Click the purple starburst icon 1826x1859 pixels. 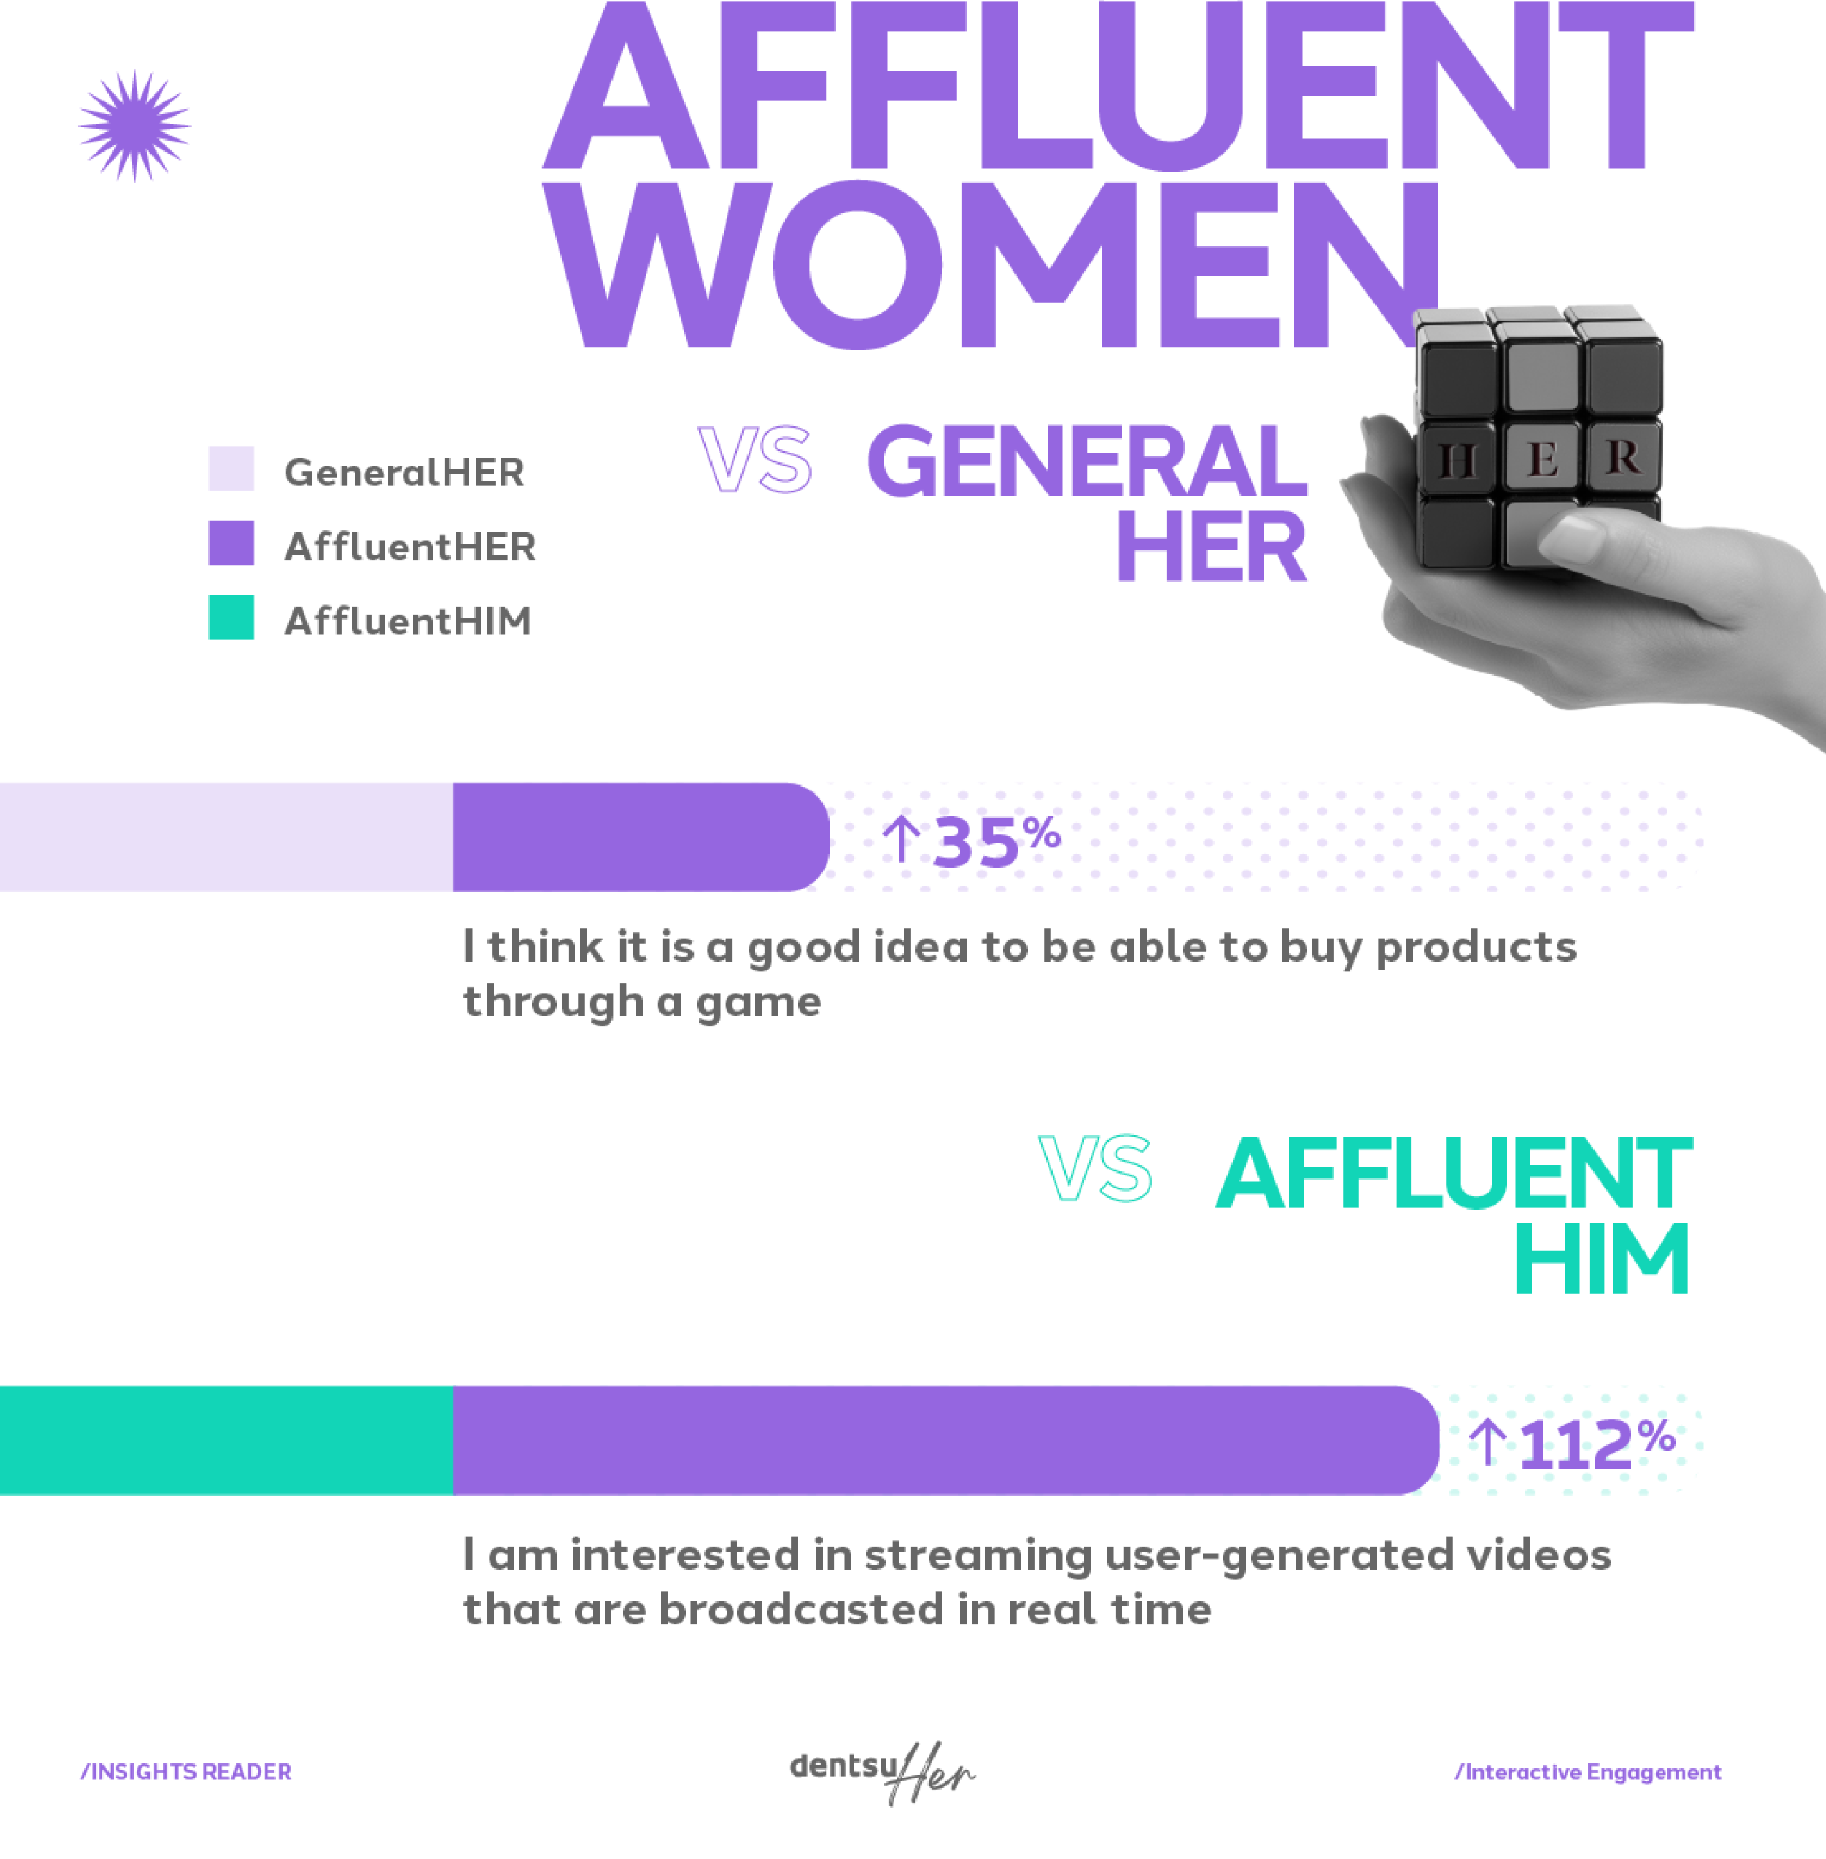point(134,125)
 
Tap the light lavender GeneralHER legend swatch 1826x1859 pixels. point(231,468)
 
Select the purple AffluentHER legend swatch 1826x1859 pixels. point(231,543)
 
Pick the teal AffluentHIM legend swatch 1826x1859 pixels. point(231,618)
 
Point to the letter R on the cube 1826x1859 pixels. point(1622,456)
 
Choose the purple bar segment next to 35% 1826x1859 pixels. point(638,837)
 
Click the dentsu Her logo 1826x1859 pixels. point(882,1772)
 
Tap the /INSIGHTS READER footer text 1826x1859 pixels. point(186,1772)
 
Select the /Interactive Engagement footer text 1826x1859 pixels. point(1588,1772)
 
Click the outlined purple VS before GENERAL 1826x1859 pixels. point(755,460)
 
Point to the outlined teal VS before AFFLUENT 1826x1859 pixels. point(1095,1168)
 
